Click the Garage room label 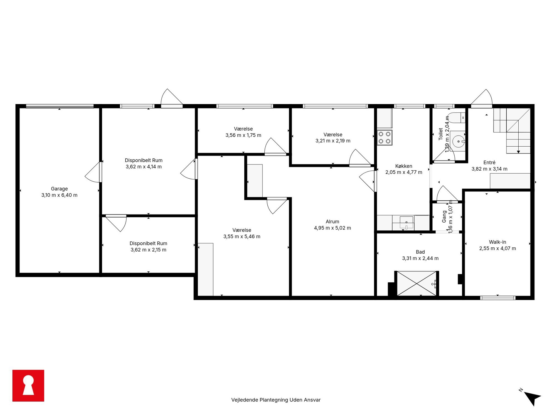(59, 189)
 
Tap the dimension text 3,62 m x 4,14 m (144, 167)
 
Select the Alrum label (332, 221)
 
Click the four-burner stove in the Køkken (385, 138)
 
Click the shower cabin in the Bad (417, 283)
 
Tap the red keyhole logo (28, 386)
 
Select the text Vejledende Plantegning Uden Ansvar (276, 400)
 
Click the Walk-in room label (497, 242)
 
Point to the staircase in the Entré (512, 131)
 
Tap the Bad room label (420, 252)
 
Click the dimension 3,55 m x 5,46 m (242, 236)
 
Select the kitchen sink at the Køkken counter (406, 223)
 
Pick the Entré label (489, 162)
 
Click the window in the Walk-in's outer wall (498, 298)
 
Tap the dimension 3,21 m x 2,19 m (333, 141)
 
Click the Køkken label (404, 166)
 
